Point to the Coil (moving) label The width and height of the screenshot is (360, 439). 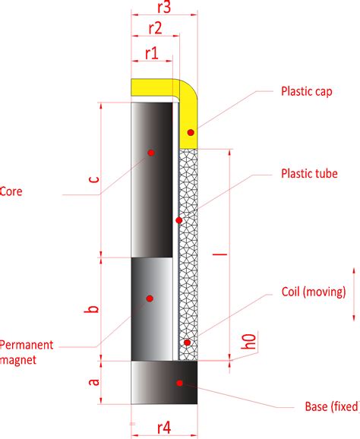click(x=313, y=291)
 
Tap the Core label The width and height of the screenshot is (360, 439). click(x=11, y=192)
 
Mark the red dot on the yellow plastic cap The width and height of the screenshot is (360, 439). click(x=191, y=133)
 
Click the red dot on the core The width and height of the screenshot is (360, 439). click(x=150, y=153)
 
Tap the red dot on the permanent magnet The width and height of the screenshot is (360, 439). click(x=150, y=298)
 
